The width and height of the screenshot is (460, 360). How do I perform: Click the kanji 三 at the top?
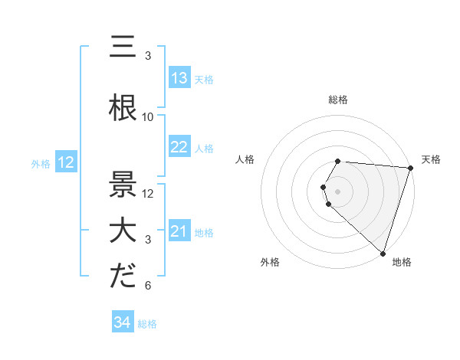point(123,47)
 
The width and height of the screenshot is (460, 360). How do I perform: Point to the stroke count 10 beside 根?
point(148,117)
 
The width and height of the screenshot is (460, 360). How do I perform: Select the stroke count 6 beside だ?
point(148,286)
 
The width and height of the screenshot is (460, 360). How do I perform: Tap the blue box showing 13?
point(179,78)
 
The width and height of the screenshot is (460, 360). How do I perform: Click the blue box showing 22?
point(179,147)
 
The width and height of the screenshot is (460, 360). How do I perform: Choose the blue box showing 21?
point(179,231)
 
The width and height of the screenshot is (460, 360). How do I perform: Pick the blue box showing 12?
point(66,162)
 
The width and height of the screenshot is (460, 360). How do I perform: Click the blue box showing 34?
point(122,322)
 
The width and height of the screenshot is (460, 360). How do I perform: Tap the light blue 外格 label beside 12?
point(41,163)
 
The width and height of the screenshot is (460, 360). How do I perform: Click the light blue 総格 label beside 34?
point(147,323)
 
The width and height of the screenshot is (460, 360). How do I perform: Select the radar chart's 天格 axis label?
point(431,159)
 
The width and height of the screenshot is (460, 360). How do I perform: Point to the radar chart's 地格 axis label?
point(402,262)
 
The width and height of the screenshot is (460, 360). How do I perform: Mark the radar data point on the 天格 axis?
point(410,167)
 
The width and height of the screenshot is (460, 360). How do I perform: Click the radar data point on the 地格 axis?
point(383,252)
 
